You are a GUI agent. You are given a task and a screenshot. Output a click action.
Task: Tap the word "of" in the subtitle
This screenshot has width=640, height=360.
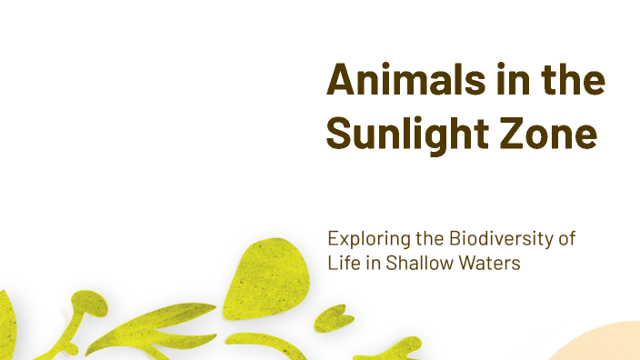(567, 240)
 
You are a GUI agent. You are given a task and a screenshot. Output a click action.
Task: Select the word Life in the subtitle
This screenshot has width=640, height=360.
(342, 263)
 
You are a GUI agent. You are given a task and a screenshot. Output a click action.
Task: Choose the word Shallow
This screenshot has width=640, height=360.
(420, 263)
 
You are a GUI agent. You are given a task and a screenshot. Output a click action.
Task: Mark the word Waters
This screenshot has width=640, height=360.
(491, 263)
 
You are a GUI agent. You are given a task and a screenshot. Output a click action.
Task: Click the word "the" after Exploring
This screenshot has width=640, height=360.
(425, 240)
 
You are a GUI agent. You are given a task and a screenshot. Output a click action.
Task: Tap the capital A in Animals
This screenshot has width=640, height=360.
(340, 82)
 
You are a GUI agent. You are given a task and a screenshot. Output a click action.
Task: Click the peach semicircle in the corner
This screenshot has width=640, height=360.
(605, 347)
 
